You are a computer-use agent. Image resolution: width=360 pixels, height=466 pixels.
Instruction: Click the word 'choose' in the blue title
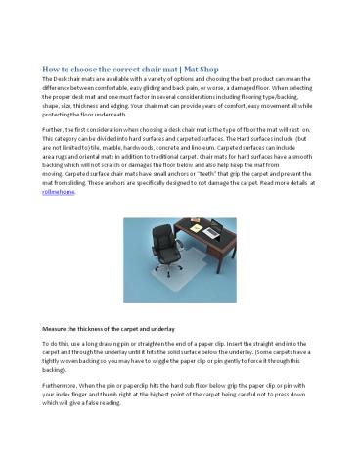(90, 71)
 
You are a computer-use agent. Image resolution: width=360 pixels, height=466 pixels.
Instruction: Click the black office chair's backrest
(156, 242)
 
